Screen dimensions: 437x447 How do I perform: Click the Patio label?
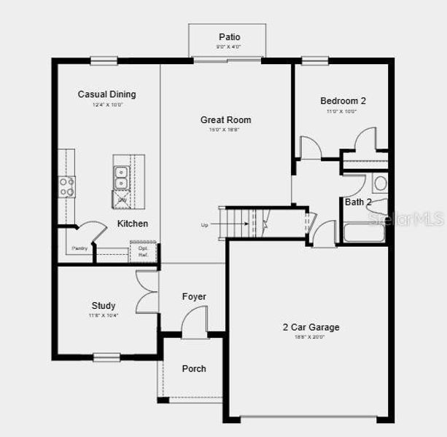229,37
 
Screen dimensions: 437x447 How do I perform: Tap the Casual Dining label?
106,94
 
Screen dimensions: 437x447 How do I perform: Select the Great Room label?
225,120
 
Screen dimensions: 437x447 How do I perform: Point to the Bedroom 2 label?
342,101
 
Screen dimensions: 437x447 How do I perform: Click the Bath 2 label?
358,202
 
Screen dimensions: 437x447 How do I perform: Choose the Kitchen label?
133,224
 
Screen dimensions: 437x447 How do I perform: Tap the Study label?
104,306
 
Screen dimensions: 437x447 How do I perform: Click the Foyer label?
193,296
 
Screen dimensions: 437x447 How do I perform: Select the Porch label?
193,369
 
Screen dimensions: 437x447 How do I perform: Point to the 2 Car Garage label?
311,328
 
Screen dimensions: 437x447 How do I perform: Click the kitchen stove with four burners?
66,186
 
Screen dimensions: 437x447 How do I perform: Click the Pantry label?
79,249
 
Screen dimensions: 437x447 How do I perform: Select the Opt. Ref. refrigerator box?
143,251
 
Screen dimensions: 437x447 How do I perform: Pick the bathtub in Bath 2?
365,234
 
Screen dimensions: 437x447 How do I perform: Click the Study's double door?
146,291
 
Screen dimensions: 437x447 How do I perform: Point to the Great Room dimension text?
225,130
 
